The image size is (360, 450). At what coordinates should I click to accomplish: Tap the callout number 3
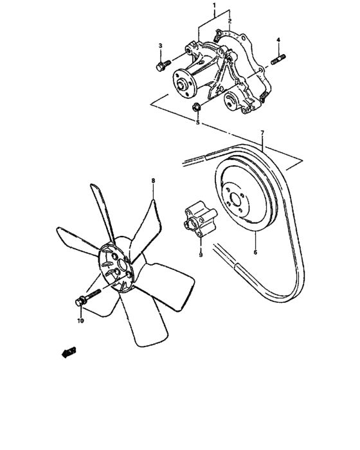tap(161, 46)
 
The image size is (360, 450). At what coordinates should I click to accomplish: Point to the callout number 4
tap(278, 40)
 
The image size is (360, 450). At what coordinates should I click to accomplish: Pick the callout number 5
tap(198, 122)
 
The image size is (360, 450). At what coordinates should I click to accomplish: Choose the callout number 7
tap(262, 134)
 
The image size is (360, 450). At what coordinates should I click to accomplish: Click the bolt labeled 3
tap(162, 65)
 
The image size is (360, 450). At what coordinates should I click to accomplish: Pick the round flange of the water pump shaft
tap(184, 82)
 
